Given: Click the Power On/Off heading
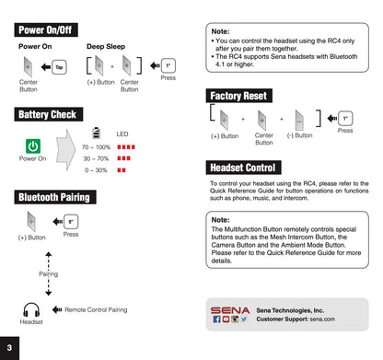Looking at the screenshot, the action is coord(46,29).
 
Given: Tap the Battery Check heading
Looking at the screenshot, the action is coord(49,114).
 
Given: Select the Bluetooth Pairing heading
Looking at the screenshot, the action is coord(55,197).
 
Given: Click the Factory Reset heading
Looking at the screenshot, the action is coord(238,96).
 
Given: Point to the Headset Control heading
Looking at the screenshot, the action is coord(243,168).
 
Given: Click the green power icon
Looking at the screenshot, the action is coord(33,146).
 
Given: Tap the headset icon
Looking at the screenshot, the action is coord(31,309).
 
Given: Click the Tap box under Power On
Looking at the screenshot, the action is coord(59,67).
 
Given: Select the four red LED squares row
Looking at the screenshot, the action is coord(126,147).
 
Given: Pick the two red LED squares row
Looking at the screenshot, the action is coord(122,170).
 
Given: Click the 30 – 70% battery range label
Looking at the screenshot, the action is coord(96,158).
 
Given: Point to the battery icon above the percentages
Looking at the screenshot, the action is coord(97,133).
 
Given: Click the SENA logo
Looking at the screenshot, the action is coord(230,310).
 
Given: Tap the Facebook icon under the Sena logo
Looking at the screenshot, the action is coord(216,319).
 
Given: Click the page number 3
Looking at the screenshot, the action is coord(9,348).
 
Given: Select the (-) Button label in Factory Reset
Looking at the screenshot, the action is coord(300,135).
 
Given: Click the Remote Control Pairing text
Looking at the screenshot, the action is coord(96,309).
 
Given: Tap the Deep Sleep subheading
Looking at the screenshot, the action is coord(106,46).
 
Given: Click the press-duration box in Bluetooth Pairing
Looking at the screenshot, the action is coord(71,222).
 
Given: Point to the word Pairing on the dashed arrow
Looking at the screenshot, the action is coord(48,273).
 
